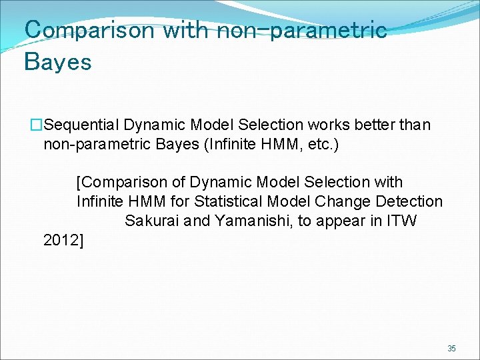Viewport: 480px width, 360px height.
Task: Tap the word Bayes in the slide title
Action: [x=57, y=62]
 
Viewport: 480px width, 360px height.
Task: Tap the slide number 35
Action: [x=451, y=349]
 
